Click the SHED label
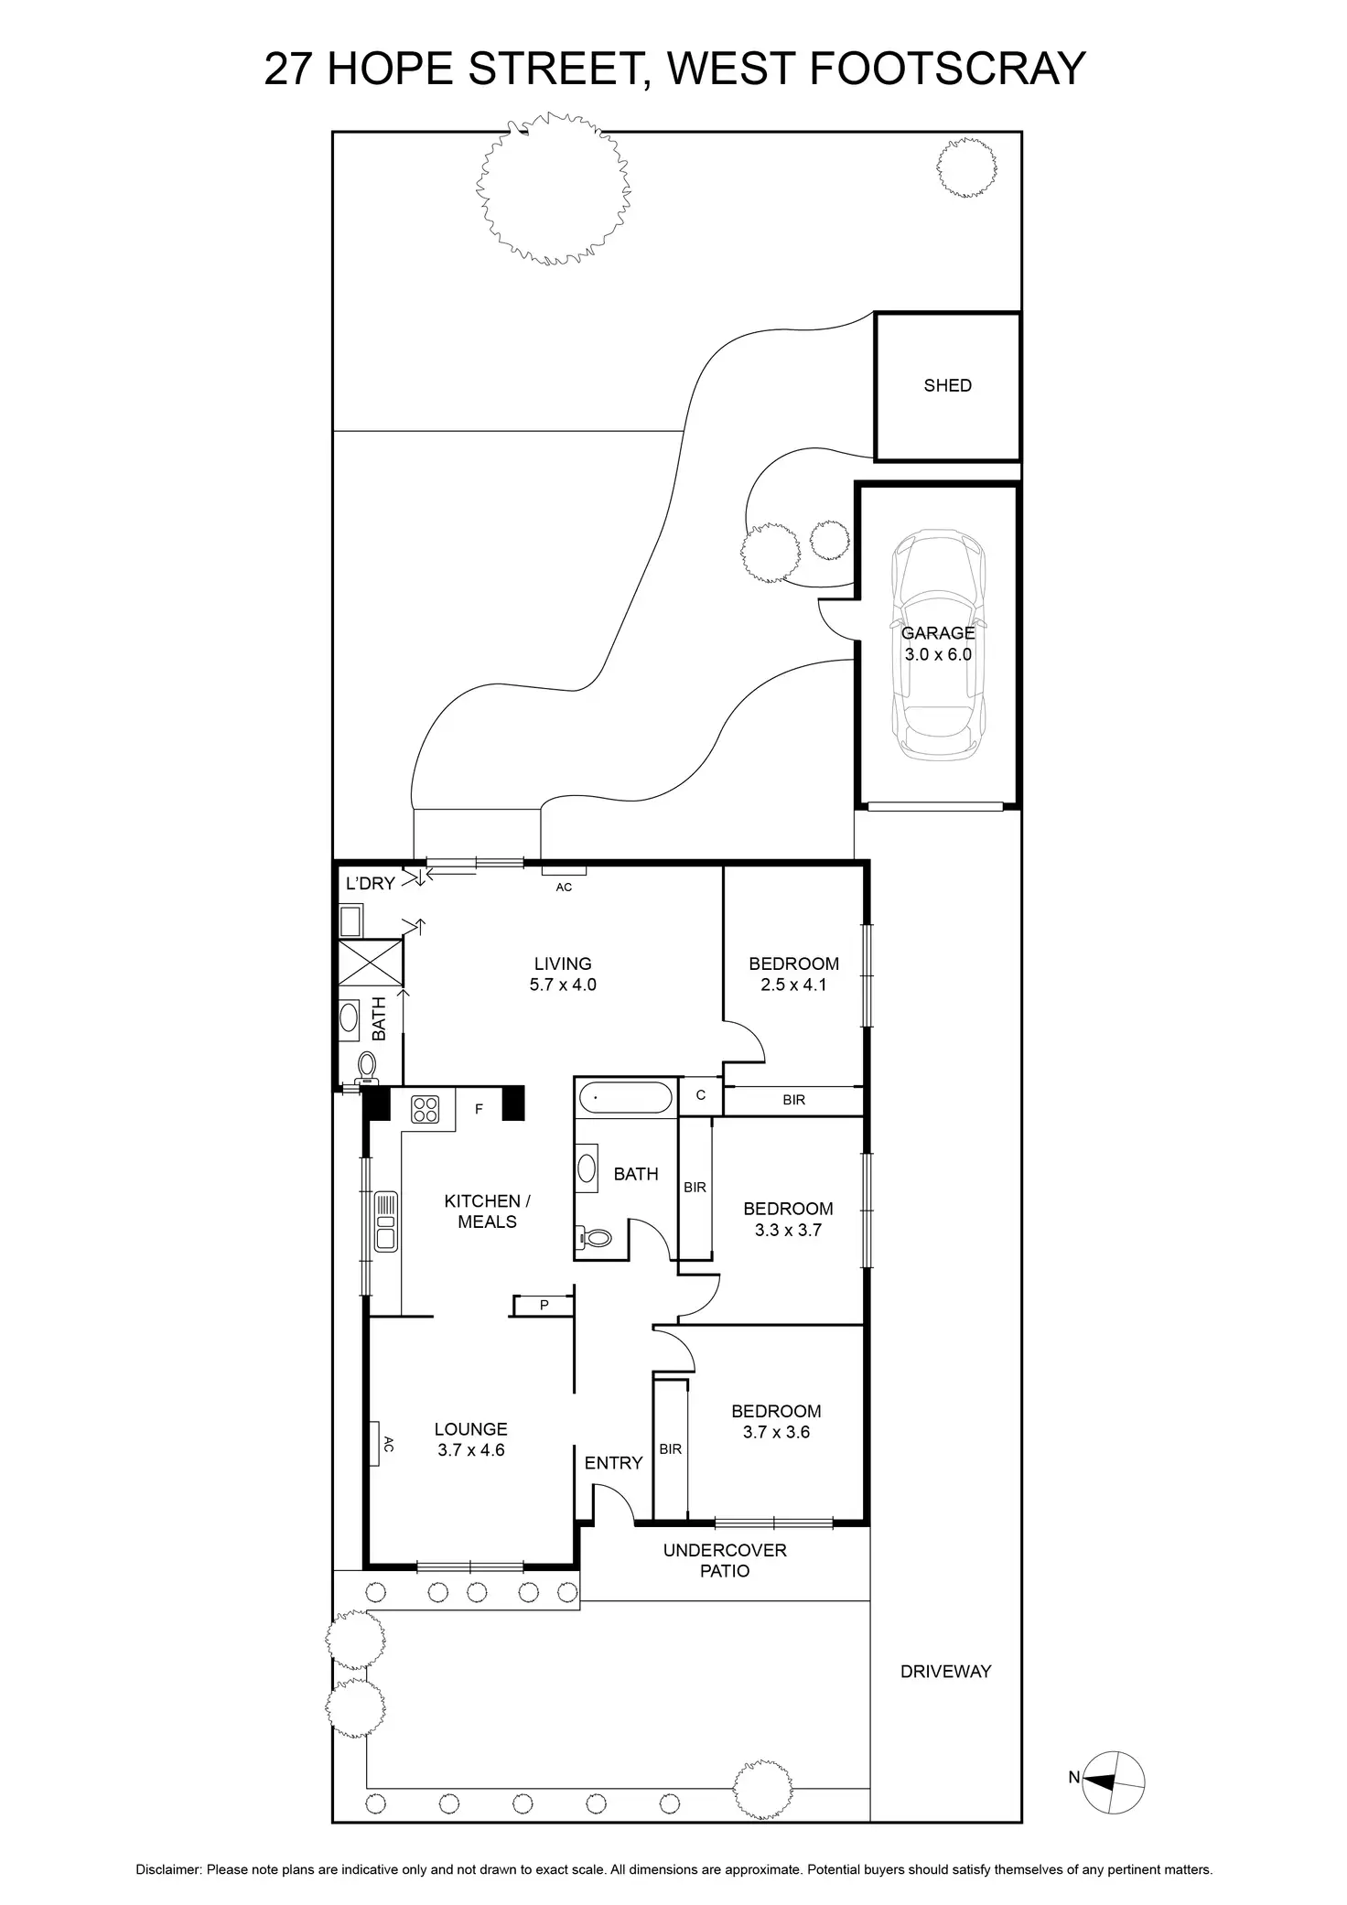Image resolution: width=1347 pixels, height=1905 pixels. click(947, 385)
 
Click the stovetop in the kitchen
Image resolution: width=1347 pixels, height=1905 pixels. click(426, 1109)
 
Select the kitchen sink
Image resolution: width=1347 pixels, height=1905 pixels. click(386, 1221)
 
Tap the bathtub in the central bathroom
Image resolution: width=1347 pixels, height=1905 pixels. click(627, 1097)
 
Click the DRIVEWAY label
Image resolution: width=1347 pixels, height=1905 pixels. click(945, 1671)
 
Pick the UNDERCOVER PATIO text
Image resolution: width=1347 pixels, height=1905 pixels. click(725, 1560)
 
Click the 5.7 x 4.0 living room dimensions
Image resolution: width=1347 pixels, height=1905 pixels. click(563, 985)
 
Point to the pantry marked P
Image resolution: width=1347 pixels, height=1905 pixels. click(544, 1305)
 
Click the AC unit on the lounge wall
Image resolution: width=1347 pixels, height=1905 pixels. click(376, 1444)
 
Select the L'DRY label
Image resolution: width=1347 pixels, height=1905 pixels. click(370, 883)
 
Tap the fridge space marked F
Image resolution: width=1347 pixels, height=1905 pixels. click(479, 1109)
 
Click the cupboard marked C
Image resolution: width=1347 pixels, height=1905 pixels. click(701, 1095)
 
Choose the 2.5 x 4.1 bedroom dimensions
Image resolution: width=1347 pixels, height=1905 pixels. click(793, 985)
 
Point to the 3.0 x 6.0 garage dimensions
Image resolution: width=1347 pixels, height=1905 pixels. click(938, 654)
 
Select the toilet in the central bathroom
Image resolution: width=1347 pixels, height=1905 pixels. click(596, 1238)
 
